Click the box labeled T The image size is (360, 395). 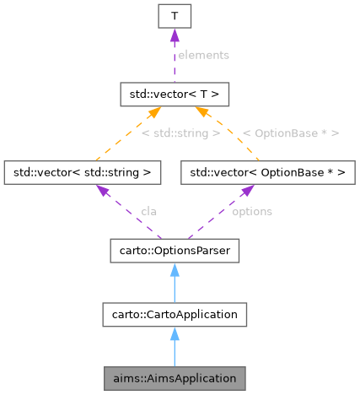point(173,15)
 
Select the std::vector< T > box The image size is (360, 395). point(173,92)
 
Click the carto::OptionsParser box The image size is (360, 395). point(173,251)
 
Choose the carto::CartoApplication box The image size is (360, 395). point(173,314)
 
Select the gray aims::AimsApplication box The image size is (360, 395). point(173,377)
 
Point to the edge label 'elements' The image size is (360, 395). point(203,54)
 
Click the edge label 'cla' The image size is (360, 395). point(148,211)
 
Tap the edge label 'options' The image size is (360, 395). point(251,211)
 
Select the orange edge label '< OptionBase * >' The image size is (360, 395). point(290,133)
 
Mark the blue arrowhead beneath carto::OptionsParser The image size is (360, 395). point(173,268)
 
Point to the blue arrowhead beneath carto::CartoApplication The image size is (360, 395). point(173,333)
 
